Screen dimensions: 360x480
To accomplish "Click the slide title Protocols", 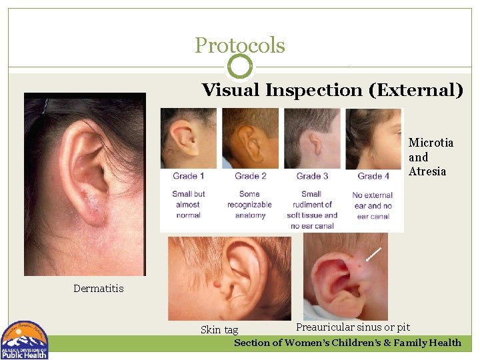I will pos(239,45).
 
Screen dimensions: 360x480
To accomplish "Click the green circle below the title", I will pos(240,67).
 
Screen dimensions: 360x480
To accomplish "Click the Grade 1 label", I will pos(189,176).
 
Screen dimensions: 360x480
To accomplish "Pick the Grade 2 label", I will pos(251,176).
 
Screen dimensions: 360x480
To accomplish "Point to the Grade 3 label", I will pos(312,176).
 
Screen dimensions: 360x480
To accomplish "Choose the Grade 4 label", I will pos(374,176).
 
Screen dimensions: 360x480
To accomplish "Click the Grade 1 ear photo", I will pos(189,138).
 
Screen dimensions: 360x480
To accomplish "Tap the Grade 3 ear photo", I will pos(312,138).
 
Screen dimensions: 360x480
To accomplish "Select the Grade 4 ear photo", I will pos(374,138).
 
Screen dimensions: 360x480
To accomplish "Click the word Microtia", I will pos(431,143).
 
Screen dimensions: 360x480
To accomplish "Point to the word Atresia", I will pos(427,172).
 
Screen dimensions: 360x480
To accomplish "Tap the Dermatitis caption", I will pos(99,289).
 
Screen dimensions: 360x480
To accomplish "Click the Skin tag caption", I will pos(219,330).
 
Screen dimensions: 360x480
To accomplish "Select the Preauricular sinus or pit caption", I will pos(353,327).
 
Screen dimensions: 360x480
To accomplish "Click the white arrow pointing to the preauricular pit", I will pos(373,253).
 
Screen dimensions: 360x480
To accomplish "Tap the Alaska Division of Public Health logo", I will pos(25,340).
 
